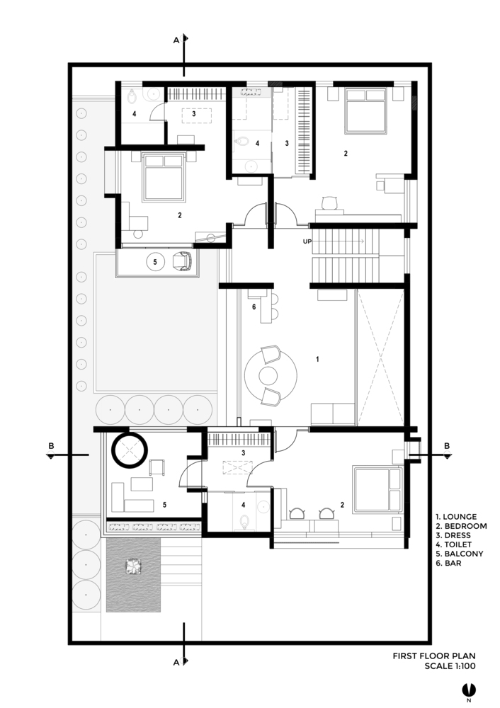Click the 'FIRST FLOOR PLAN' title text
click(434, 656)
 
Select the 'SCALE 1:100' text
click(450, 666)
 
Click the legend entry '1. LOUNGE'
click(455, 517)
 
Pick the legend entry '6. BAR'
click(448, 563)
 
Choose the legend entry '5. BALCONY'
click(460, 554)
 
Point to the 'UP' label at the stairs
click(307, 241)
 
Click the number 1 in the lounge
click(317, 359)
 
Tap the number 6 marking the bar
click(254, 307)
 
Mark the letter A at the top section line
click(176, 40)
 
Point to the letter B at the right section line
click(447, 446)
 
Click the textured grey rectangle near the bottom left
click(133, 575)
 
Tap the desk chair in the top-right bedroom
click(330, 202)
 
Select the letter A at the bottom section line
click(176, 663)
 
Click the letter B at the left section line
click(51, 446)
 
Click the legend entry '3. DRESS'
click(453, 535)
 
